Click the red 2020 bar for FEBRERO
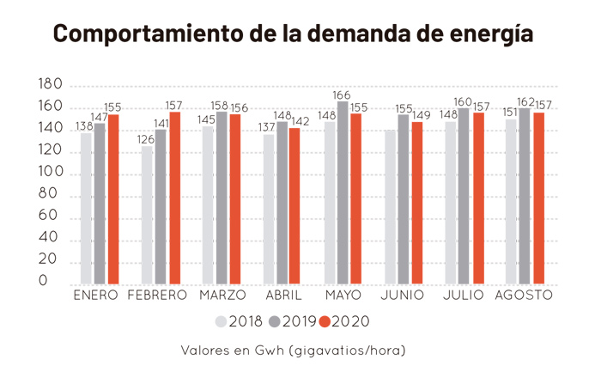[x=174, y=198]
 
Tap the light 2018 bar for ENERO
[x=86, y=209]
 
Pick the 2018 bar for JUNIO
[x=391, y=207]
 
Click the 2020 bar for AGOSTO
[x=539, y=198]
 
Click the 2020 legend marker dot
[x=324, y=321]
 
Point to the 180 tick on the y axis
[x=51, y=85]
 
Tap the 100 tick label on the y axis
[x=51, y=172]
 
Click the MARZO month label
[x=222, y=296]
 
